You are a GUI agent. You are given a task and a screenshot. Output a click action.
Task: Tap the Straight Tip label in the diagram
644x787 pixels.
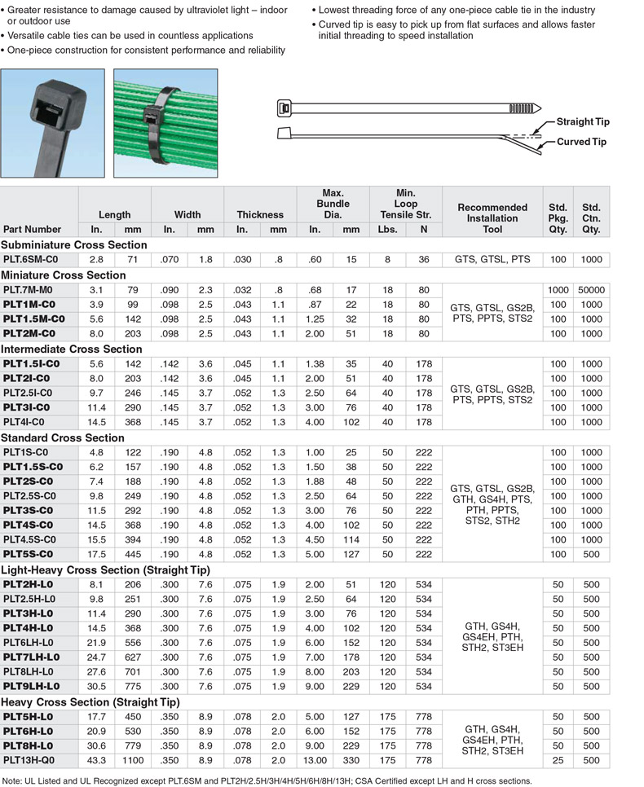point(582,122)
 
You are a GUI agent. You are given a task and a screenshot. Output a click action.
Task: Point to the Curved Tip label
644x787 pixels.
point(581,143)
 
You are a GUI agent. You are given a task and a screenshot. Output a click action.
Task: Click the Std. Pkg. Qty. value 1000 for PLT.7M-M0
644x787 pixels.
point(558,289)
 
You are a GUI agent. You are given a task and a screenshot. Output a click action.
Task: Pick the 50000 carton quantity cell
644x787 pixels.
point(591,289)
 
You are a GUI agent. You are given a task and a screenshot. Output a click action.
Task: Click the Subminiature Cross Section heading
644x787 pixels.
point(74,244)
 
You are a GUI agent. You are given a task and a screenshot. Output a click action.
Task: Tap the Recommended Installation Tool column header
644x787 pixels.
point(492,218)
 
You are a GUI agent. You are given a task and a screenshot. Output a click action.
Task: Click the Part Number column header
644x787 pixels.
point(32,230)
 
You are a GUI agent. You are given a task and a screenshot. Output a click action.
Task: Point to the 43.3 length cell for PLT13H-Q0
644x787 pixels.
point(96,759)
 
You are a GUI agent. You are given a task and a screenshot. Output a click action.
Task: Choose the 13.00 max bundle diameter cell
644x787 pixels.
point(314,759)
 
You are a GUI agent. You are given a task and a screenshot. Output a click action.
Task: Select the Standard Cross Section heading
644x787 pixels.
point(63,437)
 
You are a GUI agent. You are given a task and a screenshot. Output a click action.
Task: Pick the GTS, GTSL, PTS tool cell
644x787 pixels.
point(492,259)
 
